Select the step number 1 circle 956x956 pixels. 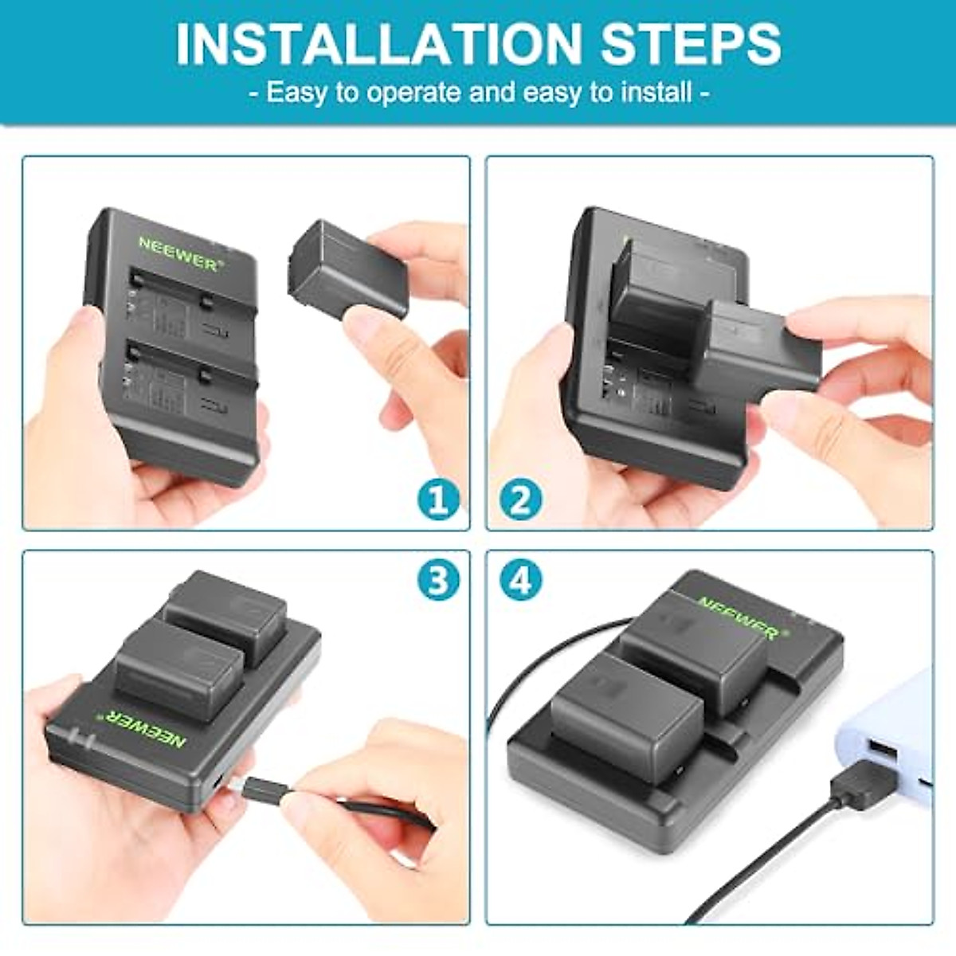[438, 500]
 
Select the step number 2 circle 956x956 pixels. [521, 500]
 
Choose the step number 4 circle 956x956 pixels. [521, 581]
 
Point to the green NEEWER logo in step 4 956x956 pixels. [739, 617]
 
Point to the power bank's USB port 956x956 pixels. [878, 750]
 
